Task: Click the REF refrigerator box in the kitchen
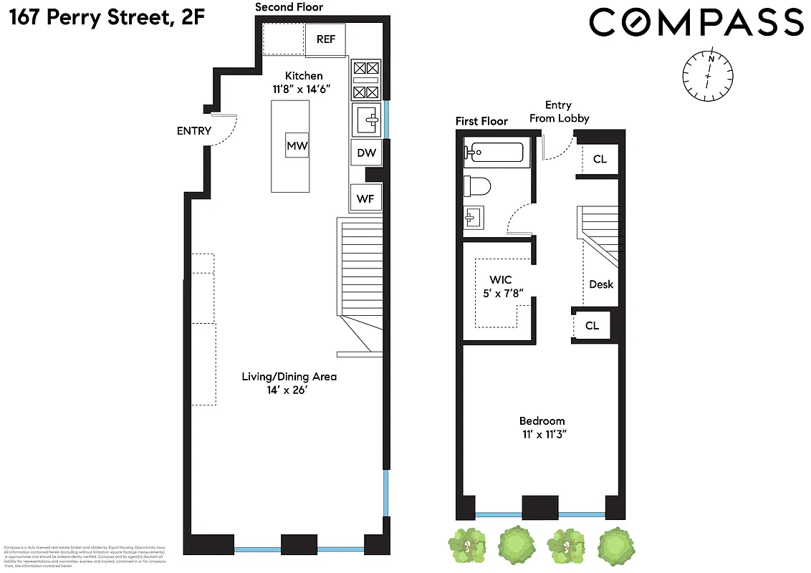pyautogui.click(x=326, y=39)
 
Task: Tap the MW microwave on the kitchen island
pyautogui.click(x=297, y=147)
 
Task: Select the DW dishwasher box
pyautogui.click(x=366, y=153)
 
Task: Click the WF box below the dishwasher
pyautogui.click(x=365, y=198)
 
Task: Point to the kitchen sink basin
pyautogui.click(x=368, y=119)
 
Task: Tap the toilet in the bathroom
pyautogui.click(x=477, y=186)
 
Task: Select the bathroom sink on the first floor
pyautogui.click(x=474, y=216)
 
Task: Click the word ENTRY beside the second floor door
pyautogui.click(x=194, y=131)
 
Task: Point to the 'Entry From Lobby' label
pyautogui.click(x=559, y=112)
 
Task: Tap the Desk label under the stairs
pyautogui.click(x=601, y=284)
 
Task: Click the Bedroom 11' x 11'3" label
pyautogui.click(x=542, y=428)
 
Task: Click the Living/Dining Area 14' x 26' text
pyautogui.click(x=289, y=383)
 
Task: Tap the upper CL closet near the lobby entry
pyautogui.click(x=600, y=159)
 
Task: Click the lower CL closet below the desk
pyautogui.click(x=592, y=325)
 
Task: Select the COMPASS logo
pyautogui.click(x=696, y=22)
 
